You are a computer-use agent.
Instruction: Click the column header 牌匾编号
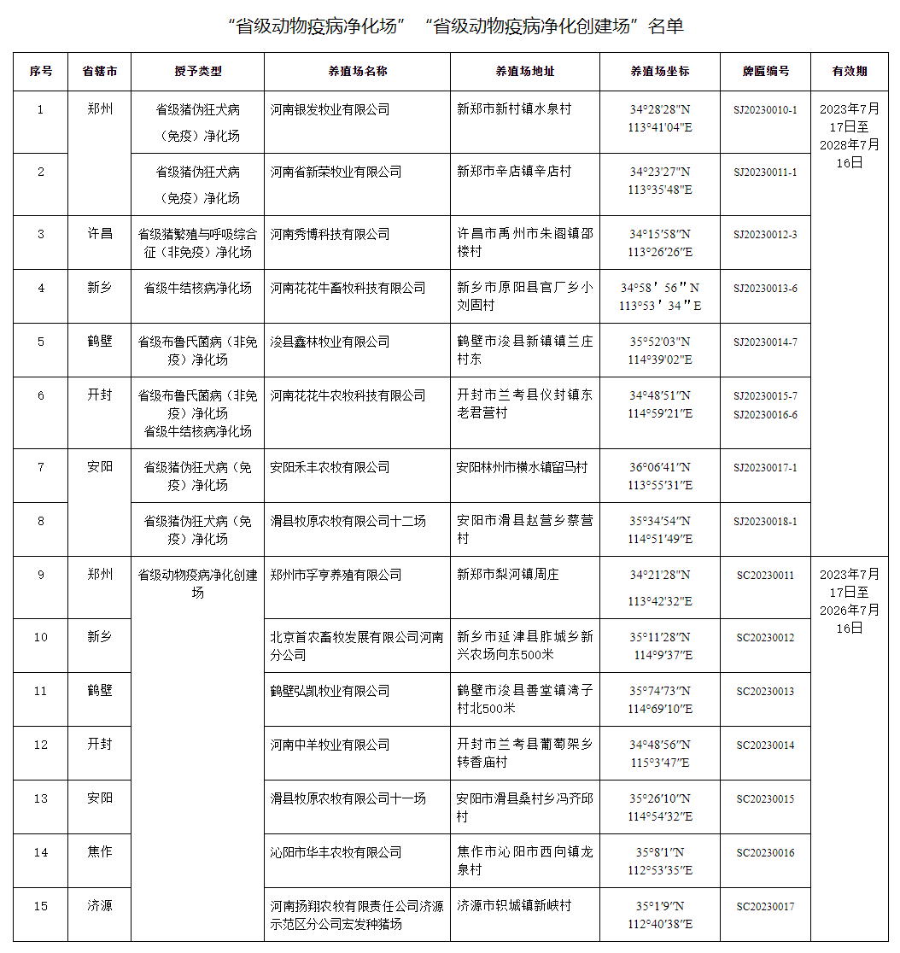[765, 72]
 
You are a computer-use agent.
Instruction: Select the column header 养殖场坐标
[659, 72]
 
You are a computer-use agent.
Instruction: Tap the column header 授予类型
[197, 72]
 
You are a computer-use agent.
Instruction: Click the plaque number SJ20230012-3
[765, 234]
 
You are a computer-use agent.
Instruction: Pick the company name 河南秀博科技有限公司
[330, 234]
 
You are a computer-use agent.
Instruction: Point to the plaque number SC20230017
[765, 906]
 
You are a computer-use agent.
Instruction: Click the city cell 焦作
[99, 852]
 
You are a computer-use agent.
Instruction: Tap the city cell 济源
[99, 906]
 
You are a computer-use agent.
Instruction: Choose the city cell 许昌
[99, 234]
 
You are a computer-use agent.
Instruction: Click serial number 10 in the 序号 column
[40, 637]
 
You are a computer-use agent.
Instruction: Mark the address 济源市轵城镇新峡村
[514, 906]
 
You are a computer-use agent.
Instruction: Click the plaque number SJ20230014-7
[765, 342]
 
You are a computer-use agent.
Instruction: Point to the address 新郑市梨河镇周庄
[508, 575]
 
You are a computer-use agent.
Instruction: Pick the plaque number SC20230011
[765, 575]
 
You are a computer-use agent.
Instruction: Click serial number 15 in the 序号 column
[40, 906]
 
